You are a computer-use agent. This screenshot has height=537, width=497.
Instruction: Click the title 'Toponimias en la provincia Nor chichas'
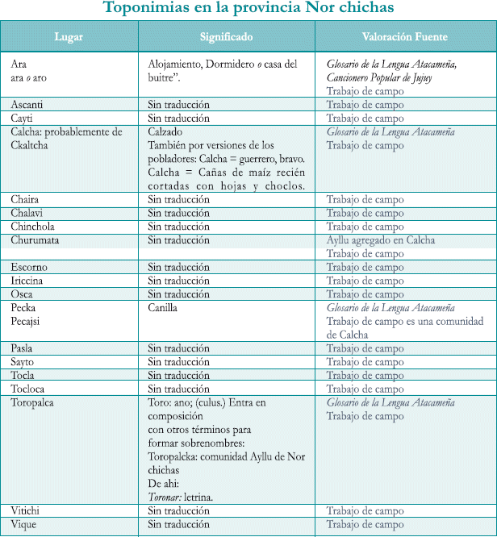(248, 9)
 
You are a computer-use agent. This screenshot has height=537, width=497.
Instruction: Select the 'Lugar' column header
(69, 37)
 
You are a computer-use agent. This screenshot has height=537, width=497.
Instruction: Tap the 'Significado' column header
(226, 37)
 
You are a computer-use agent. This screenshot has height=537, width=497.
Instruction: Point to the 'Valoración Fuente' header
(405, 37)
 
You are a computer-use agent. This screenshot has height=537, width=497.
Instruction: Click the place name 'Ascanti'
(27, 105)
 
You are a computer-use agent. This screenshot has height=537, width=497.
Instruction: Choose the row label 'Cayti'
(22, 119)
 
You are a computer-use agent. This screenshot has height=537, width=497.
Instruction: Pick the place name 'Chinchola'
(32, 227)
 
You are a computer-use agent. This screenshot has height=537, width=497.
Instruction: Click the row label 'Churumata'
(35, 240)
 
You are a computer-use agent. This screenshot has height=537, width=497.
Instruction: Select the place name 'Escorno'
(29, 267)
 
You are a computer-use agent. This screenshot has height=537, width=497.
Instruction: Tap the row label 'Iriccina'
(27, 281)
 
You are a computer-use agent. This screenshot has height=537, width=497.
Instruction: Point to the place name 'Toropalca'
(33, 402)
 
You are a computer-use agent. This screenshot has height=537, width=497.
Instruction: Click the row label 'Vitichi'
(25, 510)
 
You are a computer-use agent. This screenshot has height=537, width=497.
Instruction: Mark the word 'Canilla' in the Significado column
(163, 308)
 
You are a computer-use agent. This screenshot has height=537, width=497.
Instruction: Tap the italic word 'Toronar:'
(167, 497)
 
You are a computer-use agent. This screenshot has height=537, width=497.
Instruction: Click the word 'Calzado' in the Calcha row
(165, 131)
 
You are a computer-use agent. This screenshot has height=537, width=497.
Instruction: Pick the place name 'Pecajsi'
(26, 321)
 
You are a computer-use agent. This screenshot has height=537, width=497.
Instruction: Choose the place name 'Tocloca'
(28, 389)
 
